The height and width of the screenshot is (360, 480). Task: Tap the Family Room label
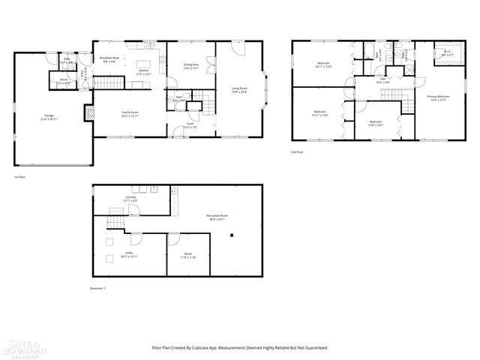point(130,113)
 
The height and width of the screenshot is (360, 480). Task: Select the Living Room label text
point(238,91)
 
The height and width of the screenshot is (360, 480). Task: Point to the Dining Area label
point(191,66)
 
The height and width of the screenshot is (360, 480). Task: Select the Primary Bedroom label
point(438,97)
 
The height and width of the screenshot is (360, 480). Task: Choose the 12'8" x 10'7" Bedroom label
point(376,122)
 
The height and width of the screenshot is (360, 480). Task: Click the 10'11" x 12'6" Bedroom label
point(323,64)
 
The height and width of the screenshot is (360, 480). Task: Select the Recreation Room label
point(217,217)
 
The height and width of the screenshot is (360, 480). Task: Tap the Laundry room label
point(130,199)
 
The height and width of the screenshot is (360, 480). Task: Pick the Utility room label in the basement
point(129,254)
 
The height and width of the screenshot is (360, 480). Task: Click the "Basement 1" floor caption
point(98,289)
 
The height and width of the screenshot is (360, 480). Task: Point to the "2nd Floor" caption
point(298,152)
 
